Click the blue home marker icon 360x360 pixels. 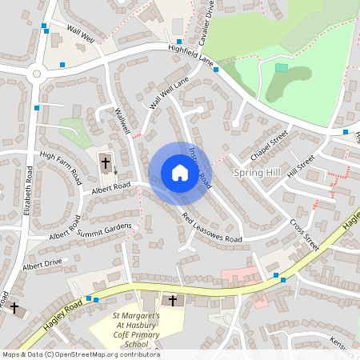(x=179, y=173)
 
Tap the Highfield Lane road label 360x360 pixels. (x=191, y=54)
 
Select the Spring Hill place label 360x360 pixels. (x=254, y=173)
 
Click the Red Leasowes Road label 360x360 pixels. (x=211, y=228)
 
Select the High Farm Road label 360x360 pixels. (x=61, y=167)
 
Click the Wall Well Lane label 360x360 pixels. (x=169, y=93)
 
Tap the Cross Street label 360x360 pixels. (x=304, y=235)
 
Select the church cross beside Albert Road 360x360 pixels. (x=105, y=163)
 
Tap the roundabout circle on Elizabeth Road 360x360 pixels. (x=35, y=75)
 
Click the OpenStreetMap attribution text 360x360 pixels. (x=80, y=354)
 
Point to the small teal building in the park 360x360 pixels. (x=281, y=68)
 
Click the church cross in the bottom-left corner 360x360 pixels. (x=14, y=307)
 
